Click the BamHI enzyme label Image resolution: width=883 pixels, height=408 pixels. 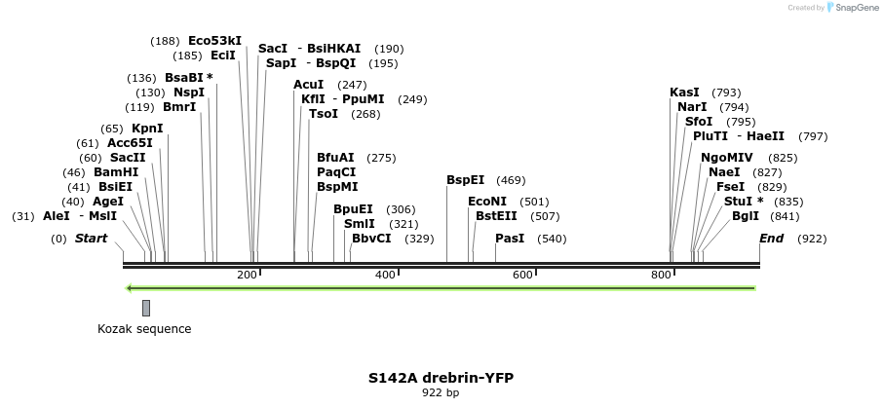click(116, 171)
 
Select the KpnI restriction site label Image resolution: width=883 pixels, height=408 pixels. click(147, 129)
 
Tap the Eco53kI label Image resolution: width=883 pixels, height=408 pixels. click(214, 41)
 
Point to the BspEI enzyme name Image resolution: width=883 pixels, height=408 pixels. click(465, 180)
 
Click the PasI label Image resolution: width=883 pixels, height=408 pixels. click(510, 239)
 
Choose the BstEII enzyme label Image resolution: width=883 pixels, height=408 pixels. click(496, 216)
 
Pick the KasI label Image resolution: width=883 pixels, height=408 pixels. click(684, 93)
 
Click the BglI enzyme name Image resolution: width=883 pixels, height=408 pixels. click(745, 216)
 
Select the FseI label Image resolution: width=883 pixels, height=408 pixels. click(730, 186)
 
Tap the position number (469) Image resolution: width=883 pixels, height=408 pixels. click(511, 180)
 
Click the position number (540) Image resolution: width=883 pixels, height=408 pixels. click(552, 239)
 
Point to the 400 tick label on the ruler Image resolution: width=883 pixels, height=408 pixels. click(385, 275)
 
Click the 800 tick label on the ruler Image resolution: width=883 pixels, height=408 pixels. click(661, 275)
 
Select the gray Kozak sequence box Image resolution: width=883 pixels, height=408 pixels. click(146, 308)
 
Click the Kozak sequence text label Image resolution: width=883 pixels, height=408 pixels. click(144, 329)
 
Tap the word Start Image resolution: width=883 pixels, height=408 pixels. click(91, 239)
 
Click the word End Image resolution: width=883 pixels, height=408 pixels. click(771, 239)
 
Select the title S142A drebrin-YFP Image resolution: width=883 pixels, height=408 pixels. click(441, 378)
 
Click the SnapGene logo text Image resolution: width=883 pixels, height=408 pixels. click(852, 8)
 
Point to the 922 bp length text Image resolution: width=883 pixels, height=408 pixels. click(441, 393)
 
